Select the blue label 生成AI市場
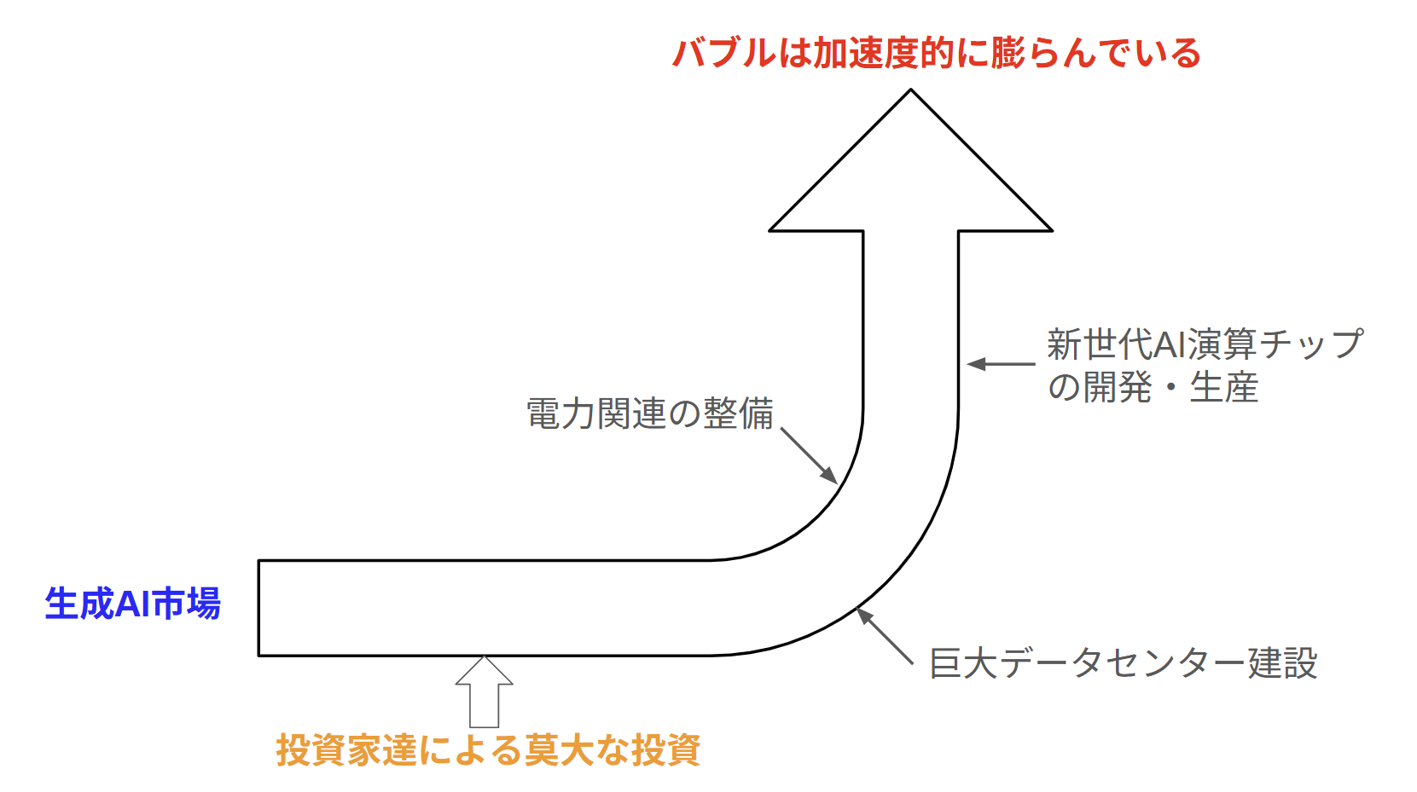click(x=133, y=604)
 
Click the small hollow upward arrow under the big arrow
click(x=484, y=691)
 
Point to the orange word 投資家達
click(x=346, y=750)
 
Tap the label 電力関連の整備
click(x=650, y=414)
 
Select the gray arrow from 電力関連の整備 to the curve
click(x=809, y=456)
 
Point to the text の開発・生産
click(x=1153, y=388)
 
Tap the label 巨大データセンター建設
click(x=1123, y=663)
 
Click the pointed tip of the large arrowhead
click(x=910, y=91)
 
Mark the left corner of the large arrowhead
click(x=771, y=229)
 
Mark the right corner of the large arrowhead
click(x=1050, y=229)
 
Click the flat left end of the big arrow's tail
click(x=259, y=608)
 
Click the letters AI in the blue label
click(x=132, y=604)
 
